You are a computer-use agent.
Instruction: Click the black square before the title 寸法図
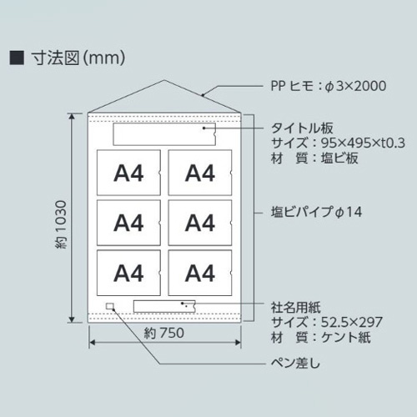tap(17, 58)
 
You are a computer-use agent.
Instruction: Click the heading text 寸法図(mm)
tap(78, 58)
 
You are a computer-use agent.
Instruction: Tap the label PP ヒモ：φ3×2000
tap(329, 86)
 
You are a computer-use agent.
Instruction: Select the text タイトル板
tap(302, 128)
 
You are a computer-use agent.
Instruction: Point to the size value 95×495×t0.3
tap(363, 143)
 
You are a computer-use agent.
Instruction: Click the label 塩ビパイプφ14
tap(316, 212)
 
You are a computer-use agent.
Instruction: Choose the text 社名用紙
tap(296, 307)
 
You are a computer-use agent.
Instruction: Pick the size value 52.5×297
tap(352, 322)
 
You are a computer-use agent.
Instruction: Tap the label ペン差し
tap(295, 363)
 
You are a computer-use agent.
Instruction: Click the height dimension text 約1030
tap(61, 224)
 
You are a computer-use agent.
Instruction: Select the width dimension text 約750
tap(164, 333)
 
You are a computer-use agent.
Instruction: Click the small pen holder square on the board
tap(110, 306)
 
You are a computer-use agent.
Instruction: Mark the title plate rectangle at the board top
tap(164, 134)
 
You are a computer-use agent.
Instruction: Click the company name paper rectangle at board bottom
tap(164, 306)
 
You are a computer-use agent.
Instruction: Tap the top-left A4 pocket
tap(128, 173)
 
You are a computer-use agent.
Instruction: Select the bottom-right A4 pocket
tap(200, 273)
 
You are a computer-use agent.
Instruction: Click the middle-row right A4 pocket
tap(200, 223)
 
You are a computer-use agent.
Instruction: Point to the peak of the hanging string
tap(164, 80)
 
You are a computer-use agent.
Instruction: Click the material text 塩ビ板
tap(339, 158)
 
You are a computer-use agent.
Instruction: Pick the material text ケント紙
tap(346, 338)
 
